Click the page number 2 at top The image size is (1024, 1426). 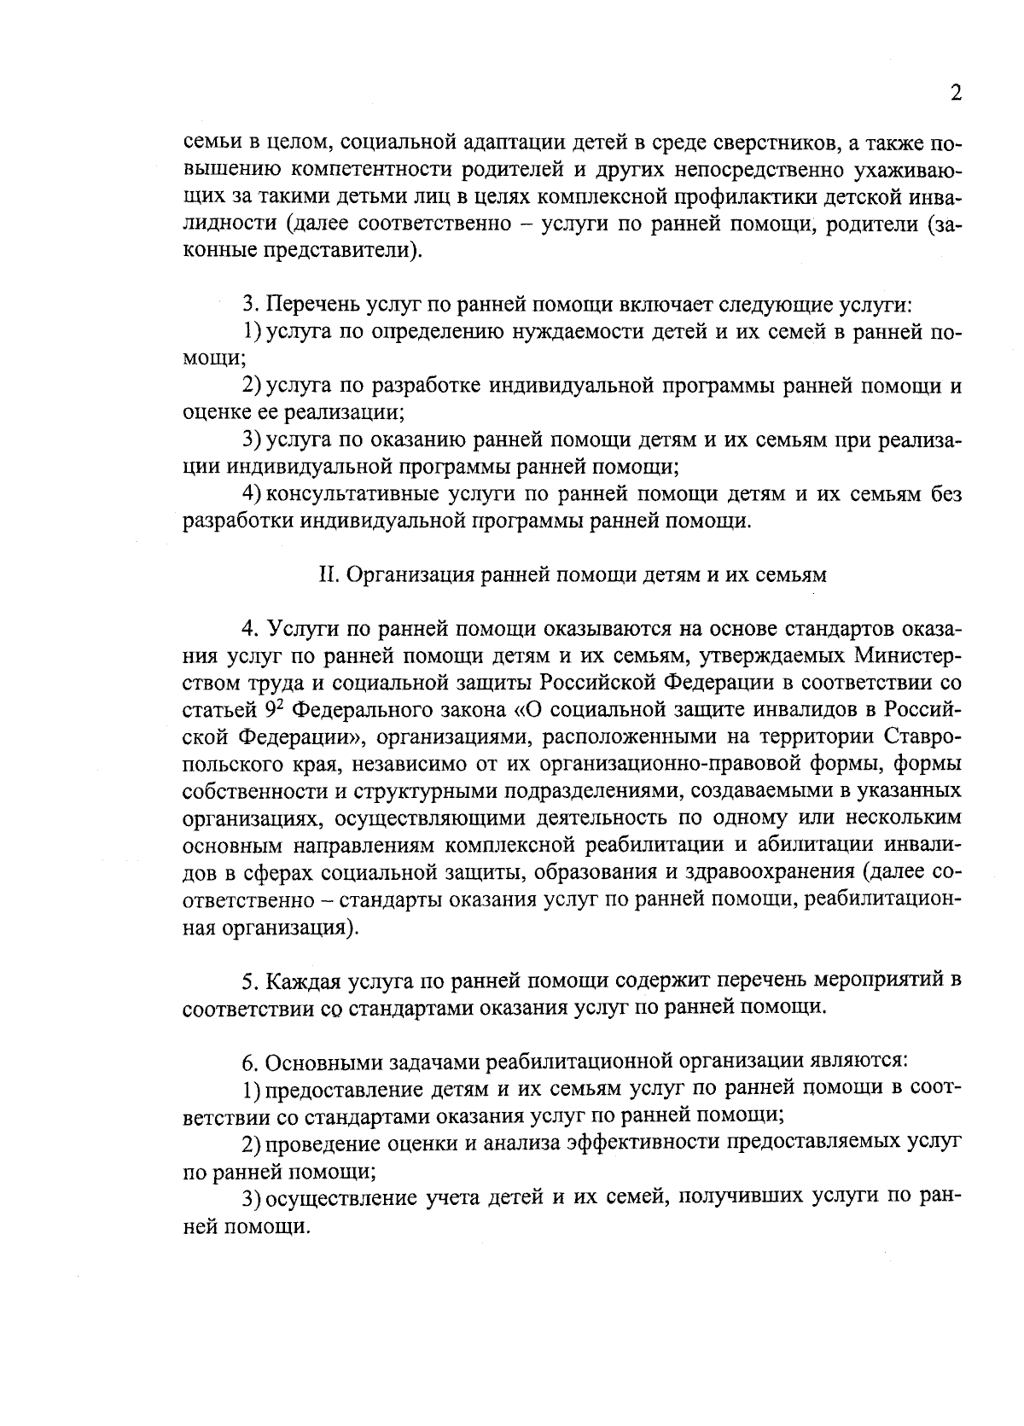coord(956,94)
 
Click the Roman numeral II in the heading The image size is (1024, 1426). coord(329,575)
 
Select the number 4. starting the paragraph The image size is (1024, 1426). coord(250,630)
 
